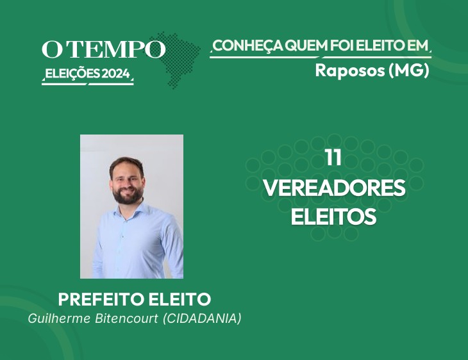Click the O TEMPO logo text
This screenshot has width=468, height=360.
tap(104, 49)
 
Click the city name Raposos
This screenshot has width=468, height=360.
tap(350, 70)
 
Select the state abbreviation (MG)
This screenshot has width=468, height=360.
tap(409, 70)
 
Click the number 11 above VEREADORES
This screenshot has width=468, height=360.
tap(333, 158)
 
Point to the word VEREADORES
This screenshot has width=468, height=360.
tap(335, 187)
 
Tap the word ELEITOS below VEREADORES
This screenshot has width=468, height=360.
tap(333, 217)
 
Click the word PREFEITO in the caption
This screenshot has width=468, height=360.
tap(101, 299)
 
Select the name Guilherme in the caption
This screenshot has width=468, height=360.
tap(59, 318)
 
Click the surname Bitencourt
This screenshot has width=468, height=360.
tap(126, 318)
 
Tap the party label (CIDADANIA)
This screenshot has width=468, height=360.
tap(202, 318)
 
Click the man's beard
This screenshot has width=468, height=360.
tap(128, 195)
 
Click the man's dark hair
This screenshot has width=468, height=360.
tap(126, 165)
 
